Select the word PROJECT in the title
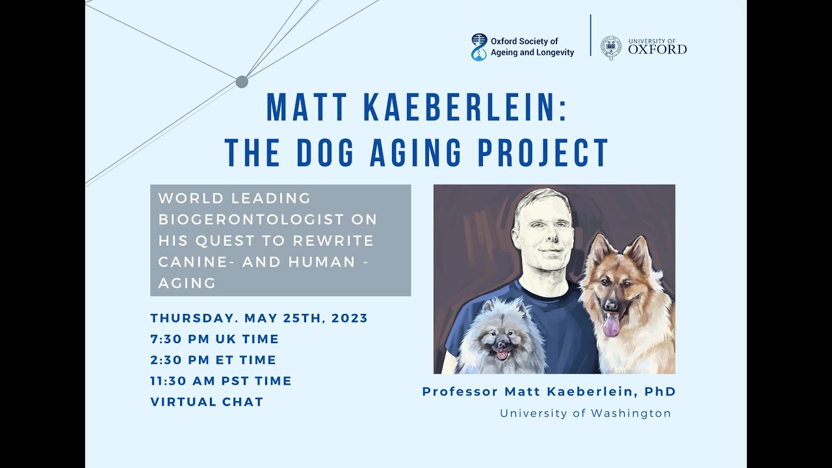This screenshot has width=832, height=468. pos(543,153)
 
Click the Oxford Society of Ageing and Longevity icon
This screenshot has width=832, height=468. pos(478,47)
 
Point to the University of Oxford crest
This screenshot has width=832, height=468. pos(610,47)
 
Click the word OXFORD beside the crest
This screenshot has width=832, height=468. pos(657,50)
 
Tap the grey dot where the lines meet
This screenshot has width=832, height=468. pos(242,82)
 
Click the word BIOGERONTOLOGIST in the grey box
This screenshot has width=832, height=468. pos(268,219)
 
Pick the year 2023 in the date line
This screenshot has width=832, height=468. pos(350,318)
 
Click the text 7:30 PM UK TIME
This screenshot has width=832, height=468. pos(214,339)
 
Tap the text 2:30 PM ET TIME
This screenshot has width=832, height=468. pos(213,360)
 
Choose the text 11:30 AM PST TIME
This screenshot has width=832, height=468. pos(221,381)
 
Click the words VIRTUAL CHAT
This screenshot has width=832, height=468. pos(207,402)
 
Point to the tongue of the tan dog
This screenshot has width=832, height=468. pos(611,325)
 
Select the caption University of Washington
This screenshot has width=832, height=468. pos(585,413)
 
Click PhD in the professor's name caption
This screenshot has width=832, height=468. pos(660,392)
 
